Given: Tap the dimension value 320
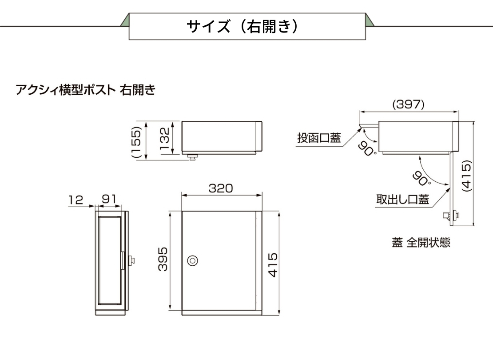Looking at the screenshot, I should click(221, 188).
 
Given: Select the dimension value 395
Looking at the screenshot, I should click(163, 260).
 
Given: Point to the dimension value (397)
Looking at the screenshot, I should click(409, 105).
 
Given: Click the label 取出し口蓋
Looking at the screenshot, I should click(402, 200).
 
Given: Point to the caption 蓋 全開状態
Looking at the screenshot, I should click(421, 243).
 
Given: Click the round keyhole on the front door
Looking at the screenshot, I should click(192, 260).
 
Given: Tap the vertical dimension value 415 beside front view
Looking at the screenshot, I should click(274, 265).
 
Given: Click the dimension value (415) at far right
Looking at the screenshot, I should click(466, 176).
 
